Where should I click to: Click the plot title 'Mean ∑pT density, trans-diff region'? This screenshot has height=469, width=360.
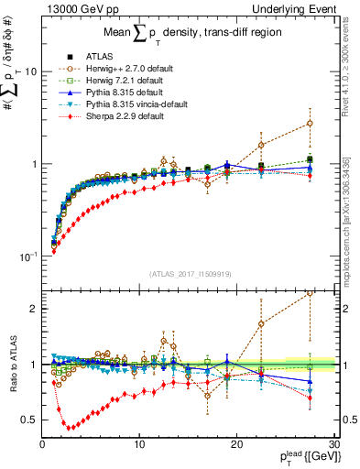tap(189, 36)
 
